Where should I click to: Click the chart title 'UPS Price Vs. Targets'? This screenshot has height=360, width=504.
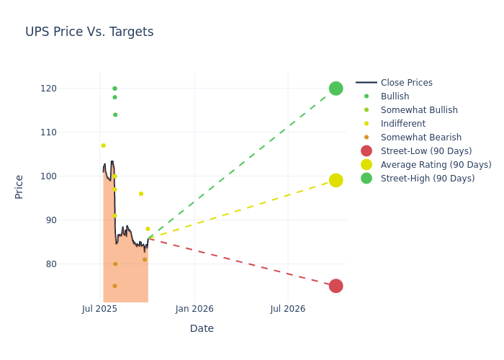click(x=89, y=32)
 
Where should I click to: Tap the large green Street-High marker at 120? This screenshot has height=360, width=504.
click(x=336, y=89)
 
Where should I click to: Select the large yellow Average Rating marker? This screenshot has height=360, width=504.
click(x=336, y=180)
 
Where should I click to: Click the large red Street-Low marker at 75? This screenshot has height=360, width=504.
click(x=336, y=286)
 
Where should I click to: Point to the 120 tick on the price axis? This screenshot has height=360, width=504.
click(x=89, y=89)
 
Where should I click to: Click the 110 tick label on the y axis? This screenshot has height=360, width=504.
click(x=89, y=132)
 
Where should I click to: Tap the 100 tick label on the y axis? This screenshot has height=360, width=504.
click(x=89, y=176)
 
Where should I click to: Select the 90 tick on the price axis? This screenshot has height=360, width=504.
click(x=91, y=220)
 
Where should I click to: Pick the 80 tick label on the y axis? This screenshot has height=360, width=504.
click(x=91, y=264)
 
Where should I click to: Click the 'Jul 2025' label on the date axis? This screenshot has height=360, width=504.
click(x=99, y=309)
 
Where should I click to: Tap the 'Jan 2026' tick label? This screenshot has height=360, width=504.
click(x=194, y=309)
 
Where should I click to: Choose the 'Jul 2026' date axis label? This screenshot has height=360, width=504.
click(x=287, y=309)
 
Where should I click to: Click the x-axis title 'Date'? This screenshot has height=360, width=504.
click(x=202, y=328)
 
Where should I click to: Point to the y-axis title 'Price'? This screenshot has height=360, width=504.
click(x=19, y=186)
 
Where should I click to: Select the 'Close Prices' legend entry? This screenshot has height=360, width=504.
click(x=406, y=83)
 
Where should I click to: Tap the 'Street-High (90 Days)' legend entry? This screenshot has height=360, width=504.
click(x=427, y=179)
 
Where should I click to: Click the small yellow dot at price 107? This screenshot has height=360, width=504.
click(x=103, y=145)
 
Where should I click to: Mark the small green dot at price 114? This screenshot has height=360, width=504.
click(x=114, y=114)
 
